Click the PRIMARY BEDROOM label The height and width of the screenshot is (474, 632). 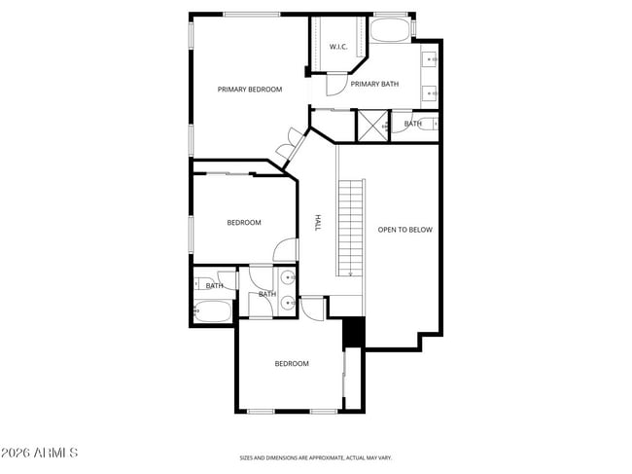[x=250, y=90]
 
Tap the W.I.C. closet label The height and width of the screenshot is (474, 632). [x=338, y=47]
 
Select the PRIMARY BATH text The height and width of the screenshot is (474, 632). [x=374, y=85]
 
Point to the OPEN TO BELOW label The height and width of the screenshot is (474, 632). [x=404, y=230]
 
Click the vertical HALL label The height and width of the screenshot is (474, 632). [x=317, y=223]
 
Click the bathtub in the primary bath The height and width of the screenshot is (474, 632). [x=391, y=28]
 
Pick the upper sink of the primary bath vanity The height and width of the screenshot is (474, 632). [x=432, y=60]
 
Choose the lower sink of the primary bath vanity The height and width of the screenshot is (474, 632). [x=432, y=93]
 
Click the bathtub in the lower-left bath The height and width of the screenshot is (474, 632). [x=213, y=311]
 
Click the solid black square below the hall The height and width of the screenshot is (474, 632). [x=354, y=332]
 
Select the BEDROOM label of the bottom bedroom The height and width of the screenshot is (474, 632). [x=292, y=364]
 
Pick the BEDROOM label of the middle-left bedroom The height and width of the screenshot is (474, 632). [x=244, y=223]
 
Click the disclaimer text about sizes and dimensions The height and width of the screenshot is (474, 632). [x=316, y=456]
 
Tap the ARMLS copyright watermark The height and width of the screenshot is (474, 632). [x=39, y=454]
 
